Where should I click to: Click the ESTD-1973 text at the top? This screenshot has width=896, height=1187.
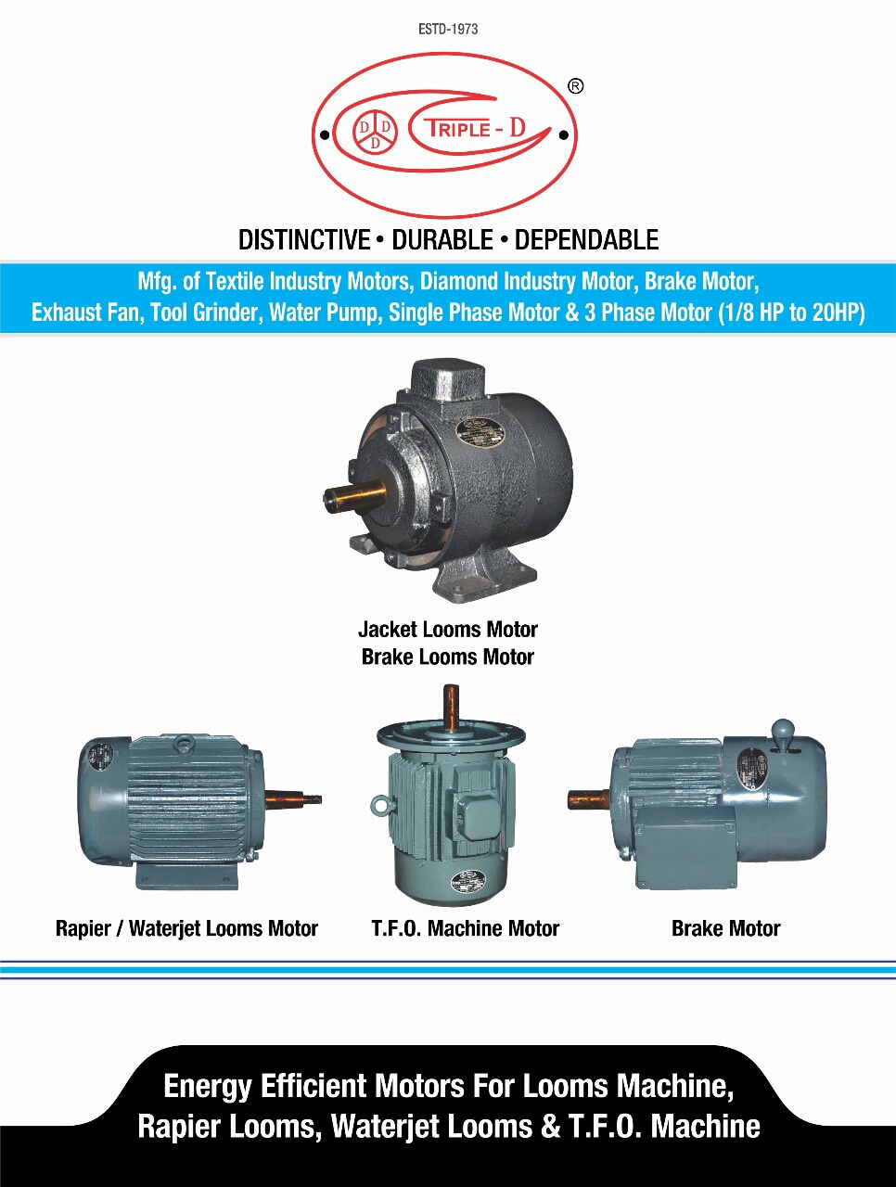click(x=448, y=30)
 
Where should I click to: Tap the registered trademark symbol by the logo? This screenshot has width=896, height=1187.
click(x=575, y=86)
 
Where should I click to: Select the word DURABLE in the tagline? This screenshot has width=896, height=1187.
click(x=442, y=240)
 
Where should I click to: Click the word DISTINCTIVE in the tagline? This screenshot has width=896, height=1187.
click(x=304, y=240)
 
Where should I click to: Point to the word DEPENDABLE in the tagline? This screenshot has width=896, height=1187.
click(x=586, y=240)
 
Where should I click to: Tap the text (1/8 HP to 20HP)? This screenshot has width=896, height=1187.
click(x=791, y=313)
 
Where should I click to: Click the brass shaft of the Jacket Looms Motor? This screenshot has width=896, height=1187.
click(x=357, y=496)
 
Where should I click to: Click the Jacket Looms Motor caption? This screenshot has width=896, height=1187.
click(x=448, y=630)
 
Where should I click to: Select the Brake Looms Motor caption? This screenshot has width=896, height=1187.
click(x=448, y=657)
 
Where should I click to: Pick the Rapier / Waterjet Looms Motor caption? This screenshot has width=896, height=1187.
click(x=186, y=928)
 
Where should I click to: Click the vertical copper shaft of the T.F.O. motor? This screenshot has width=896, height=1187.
click(x=451, y=707)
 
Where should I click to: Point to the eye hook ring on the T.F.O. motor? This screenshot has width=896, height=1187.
click(x=379, y=806)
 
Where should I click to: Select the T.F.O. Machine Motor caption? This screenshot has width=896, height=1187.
click(x=466, y=928)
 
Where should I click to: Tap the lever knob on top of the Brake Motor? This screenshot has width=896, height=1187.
click(x=783, y=730)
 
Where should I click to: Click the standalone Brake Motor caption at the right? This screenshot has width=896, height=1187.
click(x=725, y=928)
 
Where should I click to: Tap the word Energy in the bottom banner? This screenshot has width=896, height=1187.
click(x=207, y=1086)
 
